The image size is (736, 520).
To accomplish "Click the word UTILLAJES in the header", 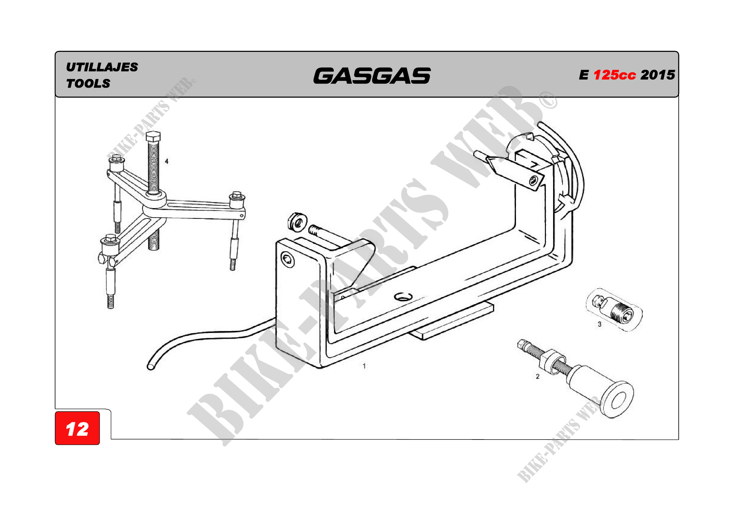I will point(102,67).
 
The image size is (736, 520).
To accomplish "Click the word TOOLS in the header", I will point(88,84).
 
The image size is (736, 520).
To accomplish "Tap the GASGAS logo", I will point(372,75).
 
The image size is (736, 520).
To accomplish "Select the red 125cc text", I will point(614,75).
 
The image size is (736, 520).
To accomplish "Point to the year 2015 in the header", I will point(658,75).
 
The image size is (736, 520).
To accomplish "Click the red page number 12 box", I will point(77,429).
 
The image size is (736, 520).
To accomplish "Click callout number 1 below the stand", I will point(364,366).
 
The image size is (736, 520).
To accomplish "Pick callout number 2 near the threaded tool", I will point(538,377).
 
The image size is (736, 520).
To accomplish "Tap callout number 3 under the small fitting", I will point(599,324).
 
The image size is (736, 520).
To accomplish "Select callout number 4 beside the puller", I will point(166,161).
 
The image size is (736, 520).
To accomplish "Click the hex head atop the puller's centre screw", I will point(153,136).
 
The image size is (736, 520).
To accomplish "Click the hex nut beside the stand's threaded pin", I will point(297,221).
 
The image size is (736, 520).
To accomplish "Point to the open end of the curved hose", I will point(150,367).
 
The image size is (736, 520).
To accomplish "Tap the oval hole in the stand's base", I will point(403,297).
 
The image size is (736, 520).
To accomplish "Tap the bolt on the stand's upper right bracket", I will point(533,181).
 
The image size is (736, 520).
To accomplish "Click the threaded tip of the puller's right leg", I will point(233,265).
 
